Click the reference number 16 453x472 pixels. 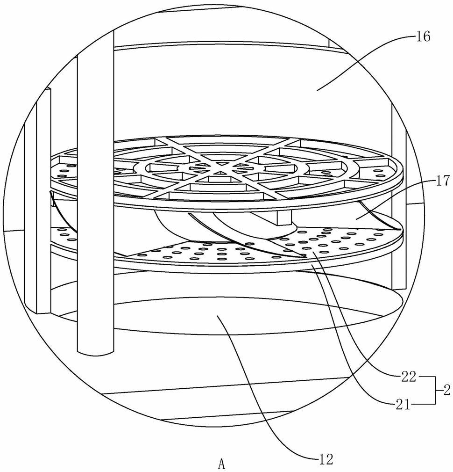(x=423, y=37)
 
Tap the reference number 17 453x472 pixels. (x=442, y=181)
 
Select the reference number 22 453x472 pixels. (x=408, y=377)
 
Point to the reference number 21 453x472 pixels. (x=403, y=405)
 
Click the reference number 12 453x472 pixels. (x=326, y=460)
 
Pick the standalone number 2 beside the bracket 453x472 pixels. (x=447, y=391)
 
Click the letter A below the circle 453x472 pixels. (x=221, y=464)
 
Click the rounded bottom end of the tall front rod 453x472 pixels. (x=96, y=351)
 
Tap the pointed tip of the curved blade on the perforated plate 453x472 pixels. (x=305, y=258)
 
